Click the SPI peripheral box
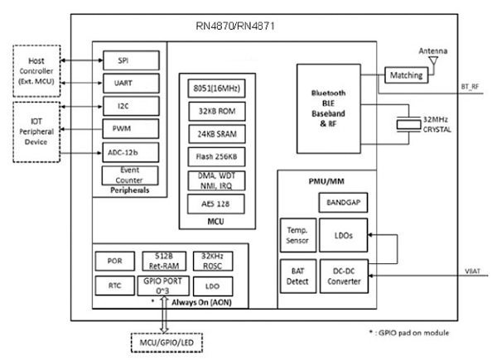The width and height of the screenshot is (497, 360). click(x=123, y=61)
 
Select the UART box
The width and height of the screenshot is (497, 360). click(x=123, y=84)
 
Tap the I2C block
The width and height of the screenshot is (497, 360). click(x=123, y=106)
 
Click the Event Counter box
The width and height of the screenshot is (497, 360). click(x=123, y=175)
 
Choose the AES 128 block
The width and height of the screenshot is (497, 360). click(x=206, y=204)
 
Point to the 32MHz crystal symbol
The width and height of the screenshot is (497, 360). click(x=408, y=125)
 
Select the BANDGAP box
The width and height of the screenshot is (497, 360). click(x=341, y=202)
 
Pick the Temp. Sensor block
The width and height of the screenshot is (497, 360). click(x=297, y=236)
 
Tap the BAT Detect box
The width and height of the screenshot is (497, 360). click(x=297, y=276)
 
